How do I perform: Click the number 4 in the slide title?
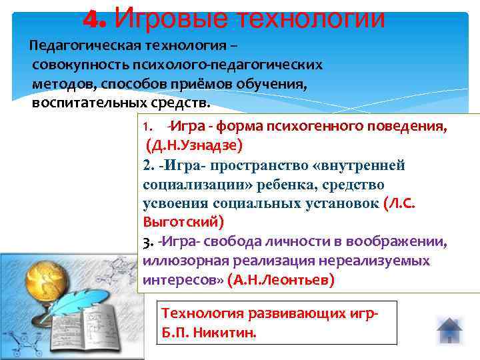coord(91,18)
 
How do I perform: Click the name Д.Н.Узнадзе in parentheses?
coord(194,144)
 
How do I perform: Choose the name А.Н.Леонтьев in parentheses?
coord(281,280)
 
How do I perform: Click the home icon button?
coord(449,331)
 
